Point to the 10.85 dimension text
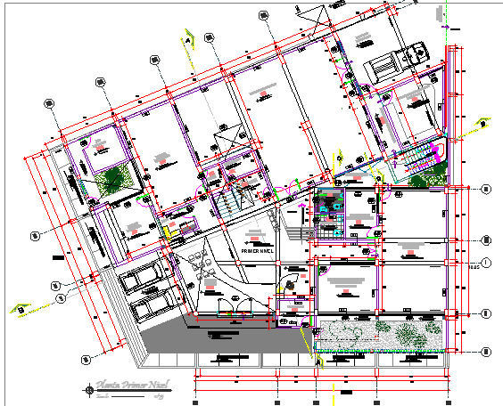(x=474, y=264)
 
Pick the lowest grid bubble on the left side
(x=87, y=359)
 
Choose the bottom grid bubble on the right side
(x=486, y=351)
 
